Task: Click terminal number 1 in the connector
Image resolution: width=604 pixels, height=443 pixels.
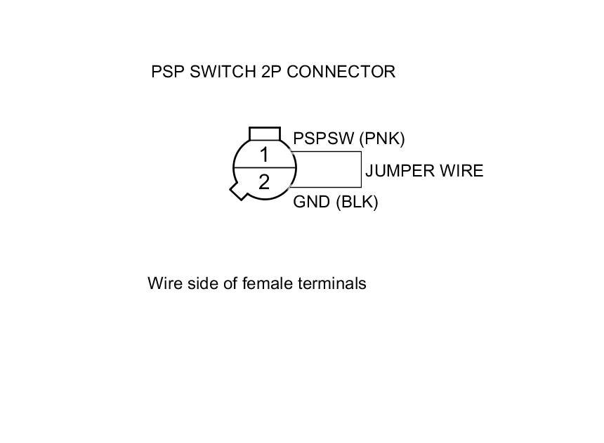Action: pos(264,155)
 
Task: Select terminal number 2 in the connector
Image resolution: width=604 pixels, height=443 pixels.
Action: pos(264,183)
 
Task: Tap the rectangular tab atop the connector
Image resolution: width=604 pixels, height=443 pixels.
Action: pos(265,134)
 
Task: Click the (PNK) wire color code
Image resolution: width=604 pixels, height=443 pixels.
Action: pos(382,139)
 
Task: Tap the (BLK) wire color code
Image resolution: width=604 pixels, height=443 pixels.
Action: pos(357,202)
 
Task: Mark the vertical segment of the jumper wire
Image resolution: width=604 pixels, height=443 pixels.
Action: pos(361,169)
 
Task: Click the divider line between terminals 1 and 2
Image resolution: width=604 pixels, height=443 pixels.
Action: pos(264,169)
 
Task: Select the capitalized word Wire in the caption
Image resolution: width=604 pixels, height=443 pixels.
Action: pos(163,283)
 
